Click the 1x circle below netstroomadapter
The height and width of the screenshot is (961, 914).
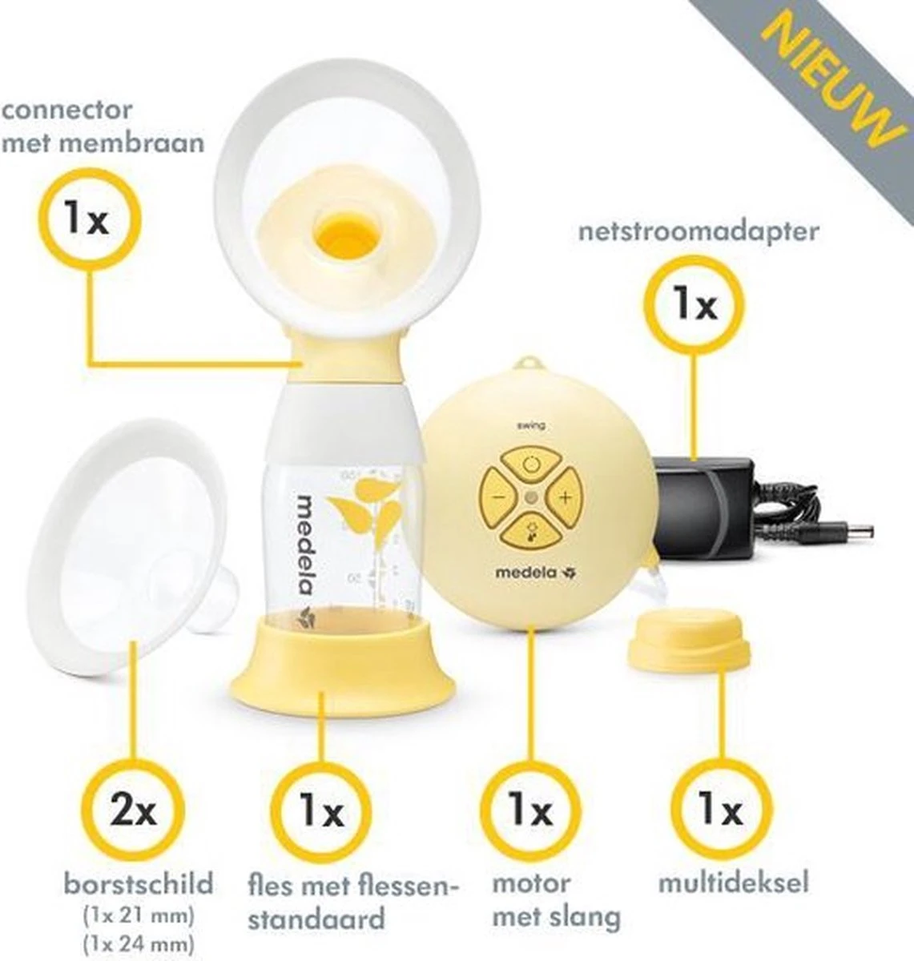tap(694, 305)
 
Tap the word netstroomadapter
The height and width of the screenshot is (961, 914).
tap(699, 232)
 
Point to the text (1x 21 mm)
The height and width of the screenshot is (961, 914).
tap(138, 914)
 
